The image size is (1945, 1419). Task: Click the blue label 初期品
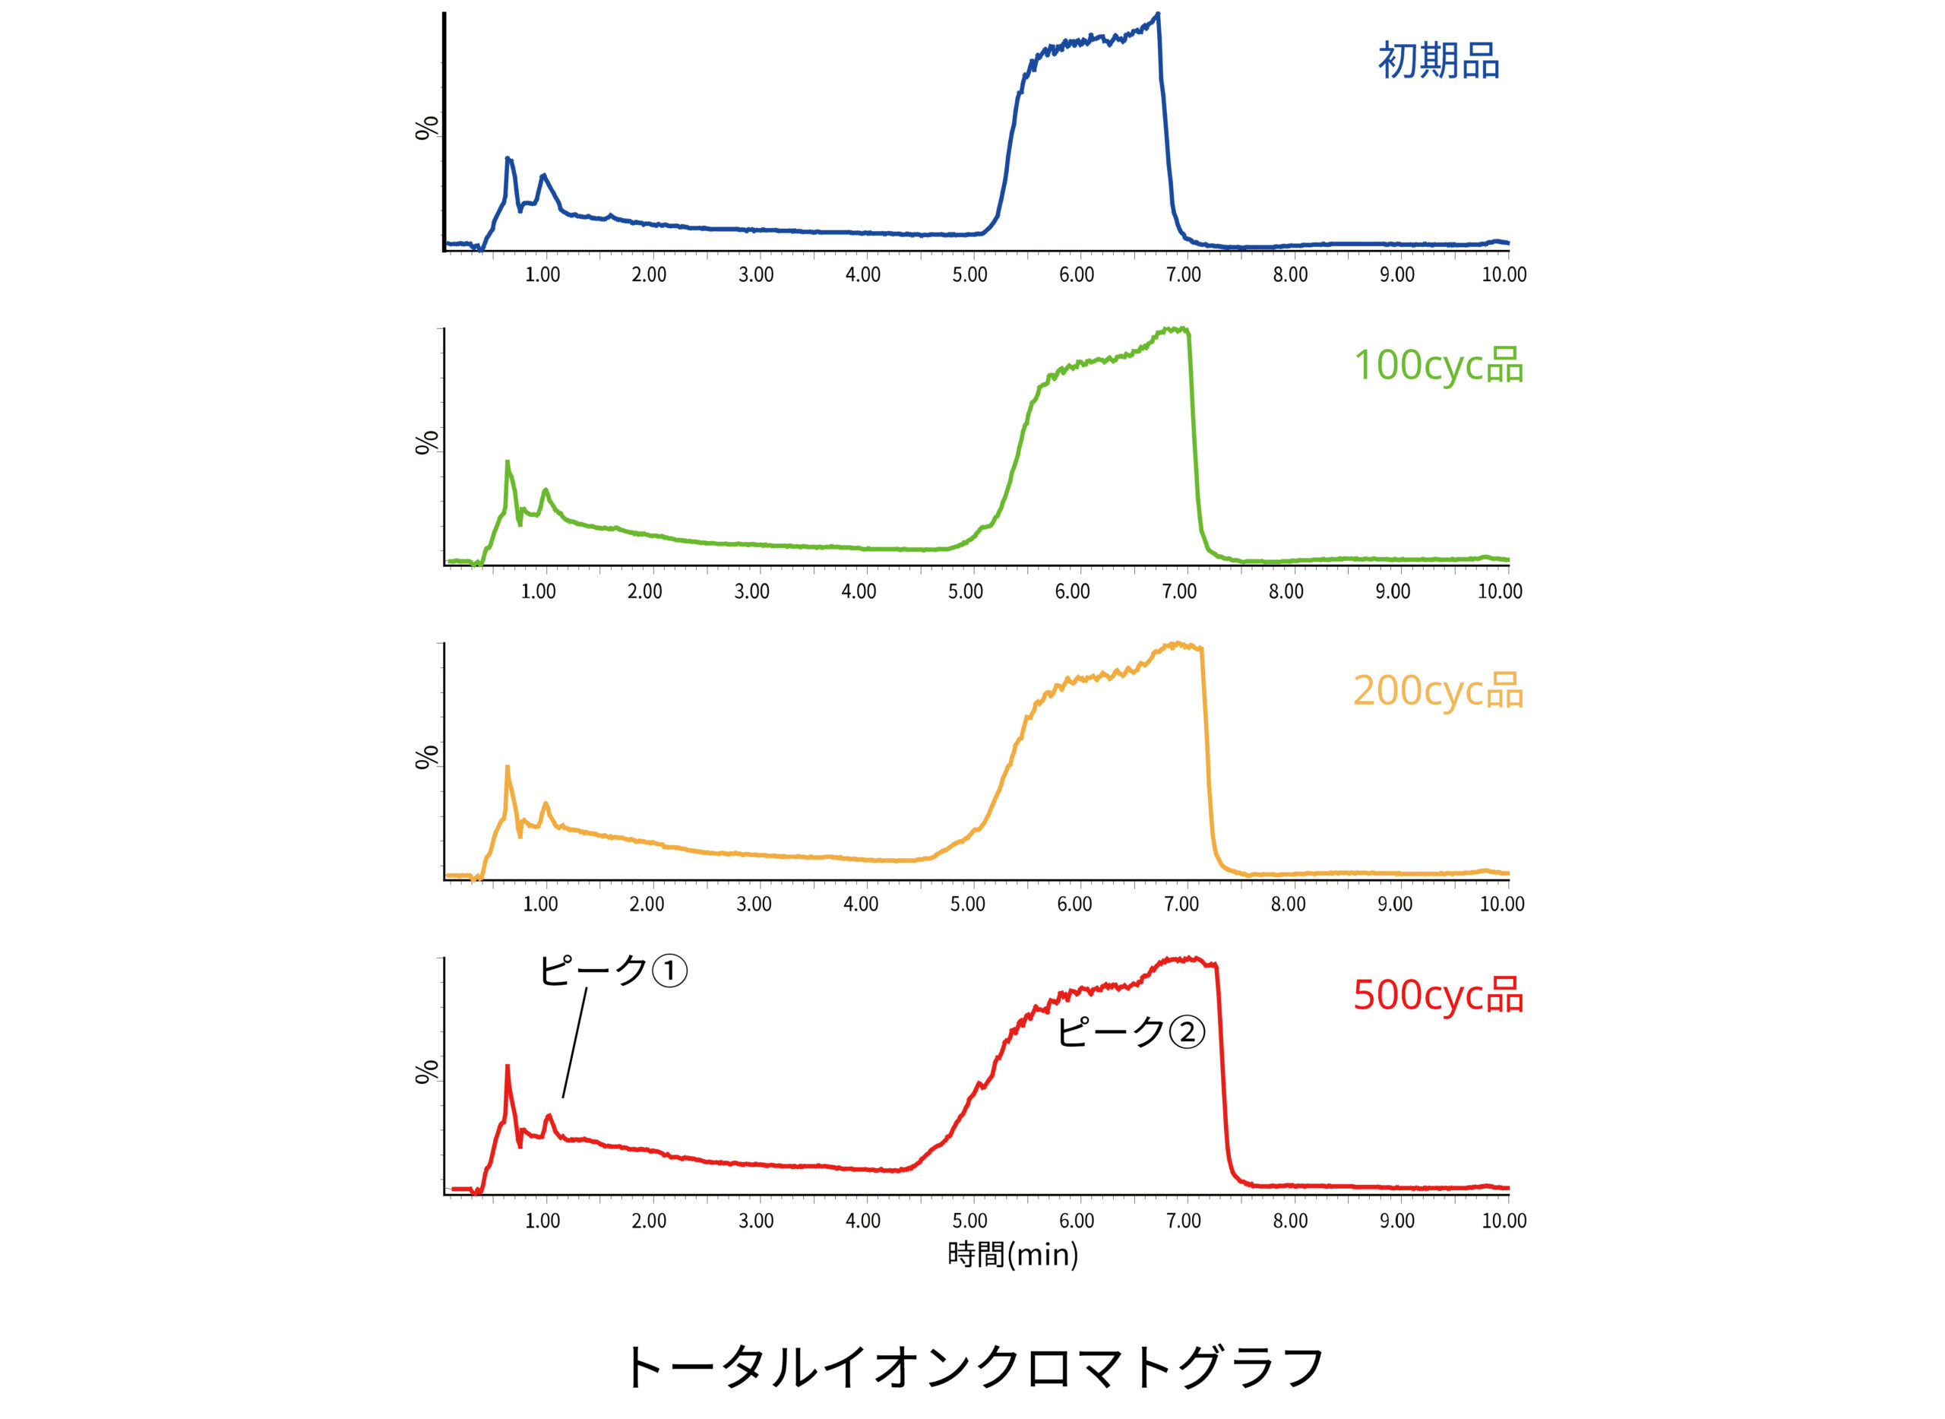1438,62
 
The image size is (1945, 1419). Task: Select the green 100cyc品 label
1438,365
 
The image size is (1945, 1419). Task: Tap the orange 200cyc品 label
1438,690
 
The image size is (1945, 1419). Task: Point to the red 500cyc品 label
1438,995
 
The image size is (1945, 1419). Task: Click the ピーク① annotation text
612,971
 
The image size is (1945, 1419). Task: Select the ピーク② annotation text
1130,1031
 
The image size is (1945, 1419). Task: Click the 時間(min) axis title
1013,1255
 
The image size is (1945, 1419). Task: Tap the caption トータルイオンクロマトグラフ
973,1367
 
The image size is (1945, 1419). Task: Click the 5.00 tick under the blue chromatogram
969,275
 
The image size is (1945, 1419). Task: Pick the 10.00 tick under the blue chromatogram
1504,275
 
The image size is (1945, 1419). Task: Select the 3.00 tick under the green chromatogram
751,592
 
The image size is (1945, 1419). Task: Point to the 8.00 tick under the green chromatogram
1286,592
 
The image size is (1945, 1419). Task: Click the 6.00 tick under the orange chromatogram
1074,904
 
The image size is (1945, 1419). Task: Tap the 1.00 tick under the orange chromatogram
540,904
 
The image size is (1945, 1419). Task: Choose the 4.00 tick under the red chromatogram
863,1221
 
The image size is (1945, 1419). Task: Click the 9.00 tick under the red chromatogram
1397,1221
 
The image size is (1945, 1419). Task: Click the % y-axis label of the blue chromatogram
427,128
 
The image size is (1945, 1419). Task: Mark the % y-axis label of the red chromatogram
427,1072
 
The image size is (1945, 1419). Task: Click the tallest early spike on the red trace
508,1069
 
